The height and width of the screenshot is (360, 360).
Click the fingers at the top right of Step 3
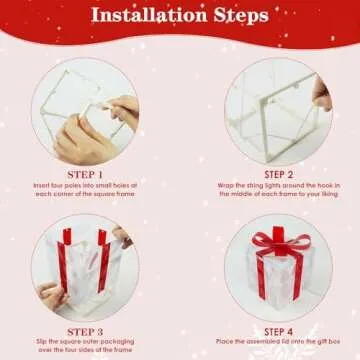click(123, 235)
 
